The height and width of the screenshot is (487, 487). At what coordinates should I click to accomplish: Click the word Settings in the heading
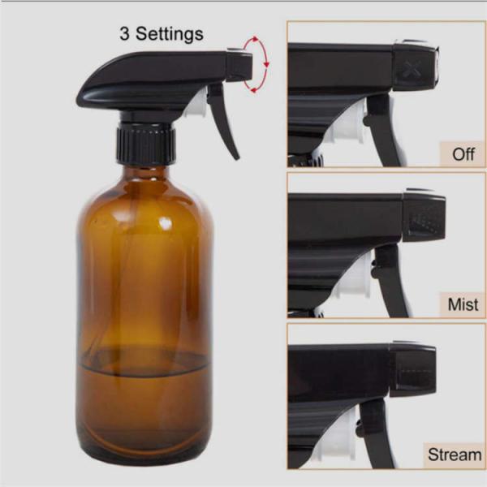[x=169, y=34]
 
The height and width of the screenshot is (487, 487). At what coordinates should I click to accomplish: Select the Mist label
[x=463, y=305]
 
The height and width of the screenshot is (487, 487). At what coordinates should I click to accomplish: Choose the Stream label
[x=455, y=455]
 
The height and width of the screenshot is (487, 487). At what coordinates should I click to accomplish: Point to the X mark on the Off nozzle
[x=413, y=70]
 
